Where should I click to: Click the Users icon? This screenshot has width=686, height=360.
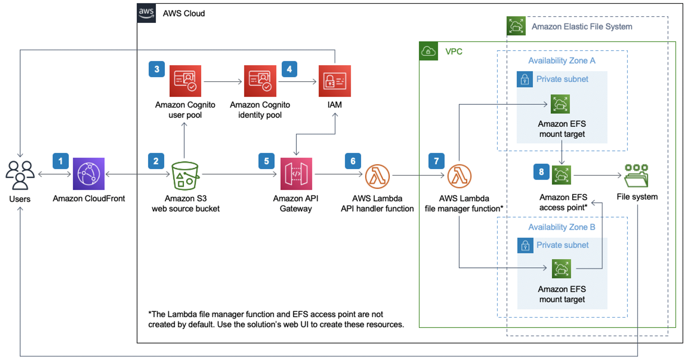(20, 175)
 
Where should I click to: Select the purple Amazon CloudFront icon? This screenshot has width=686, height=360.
(88, 174)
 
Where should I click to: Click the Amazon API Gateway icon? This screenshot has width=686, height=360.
(296, 174)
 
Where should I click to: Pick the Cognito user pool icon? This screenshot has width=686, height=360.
(185, 81)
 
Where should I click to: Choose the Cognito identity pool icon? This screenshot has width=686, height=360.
(260, 81)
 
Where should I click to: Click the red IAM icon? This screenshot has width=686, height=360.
(334, 81)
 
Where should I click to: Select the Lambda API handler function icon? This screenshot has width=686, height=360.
(377, 176)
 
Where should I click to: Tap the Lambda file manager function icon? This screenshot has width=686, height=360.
(459, 176)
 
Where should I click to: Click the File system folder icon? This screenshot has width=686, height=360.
(636, 176)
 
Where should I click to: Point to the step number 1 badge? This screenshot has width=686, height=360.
(60, 161)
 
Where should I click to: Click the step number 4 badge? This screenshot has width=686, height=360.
(289, 69)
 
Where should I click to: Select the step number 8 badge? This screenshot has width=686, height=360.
(541, 172)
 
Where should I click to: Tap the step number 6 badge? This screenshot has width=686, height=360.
(353, 161)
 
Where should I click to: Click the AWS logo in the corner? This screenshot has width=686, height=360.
(146, 13)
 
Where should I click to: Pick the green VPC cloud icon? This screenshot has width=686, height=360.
(428, 51)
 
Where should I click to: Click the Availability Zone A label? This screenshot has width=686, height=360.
(561, 61)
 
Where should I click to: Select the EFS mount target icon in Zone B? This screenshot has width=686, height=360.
(561, 269)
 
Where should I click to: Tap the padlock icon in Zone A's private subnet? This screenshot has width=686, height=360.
(524, 80)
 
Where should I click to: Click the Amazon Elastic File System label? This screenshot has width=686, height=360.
(582, 26)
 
